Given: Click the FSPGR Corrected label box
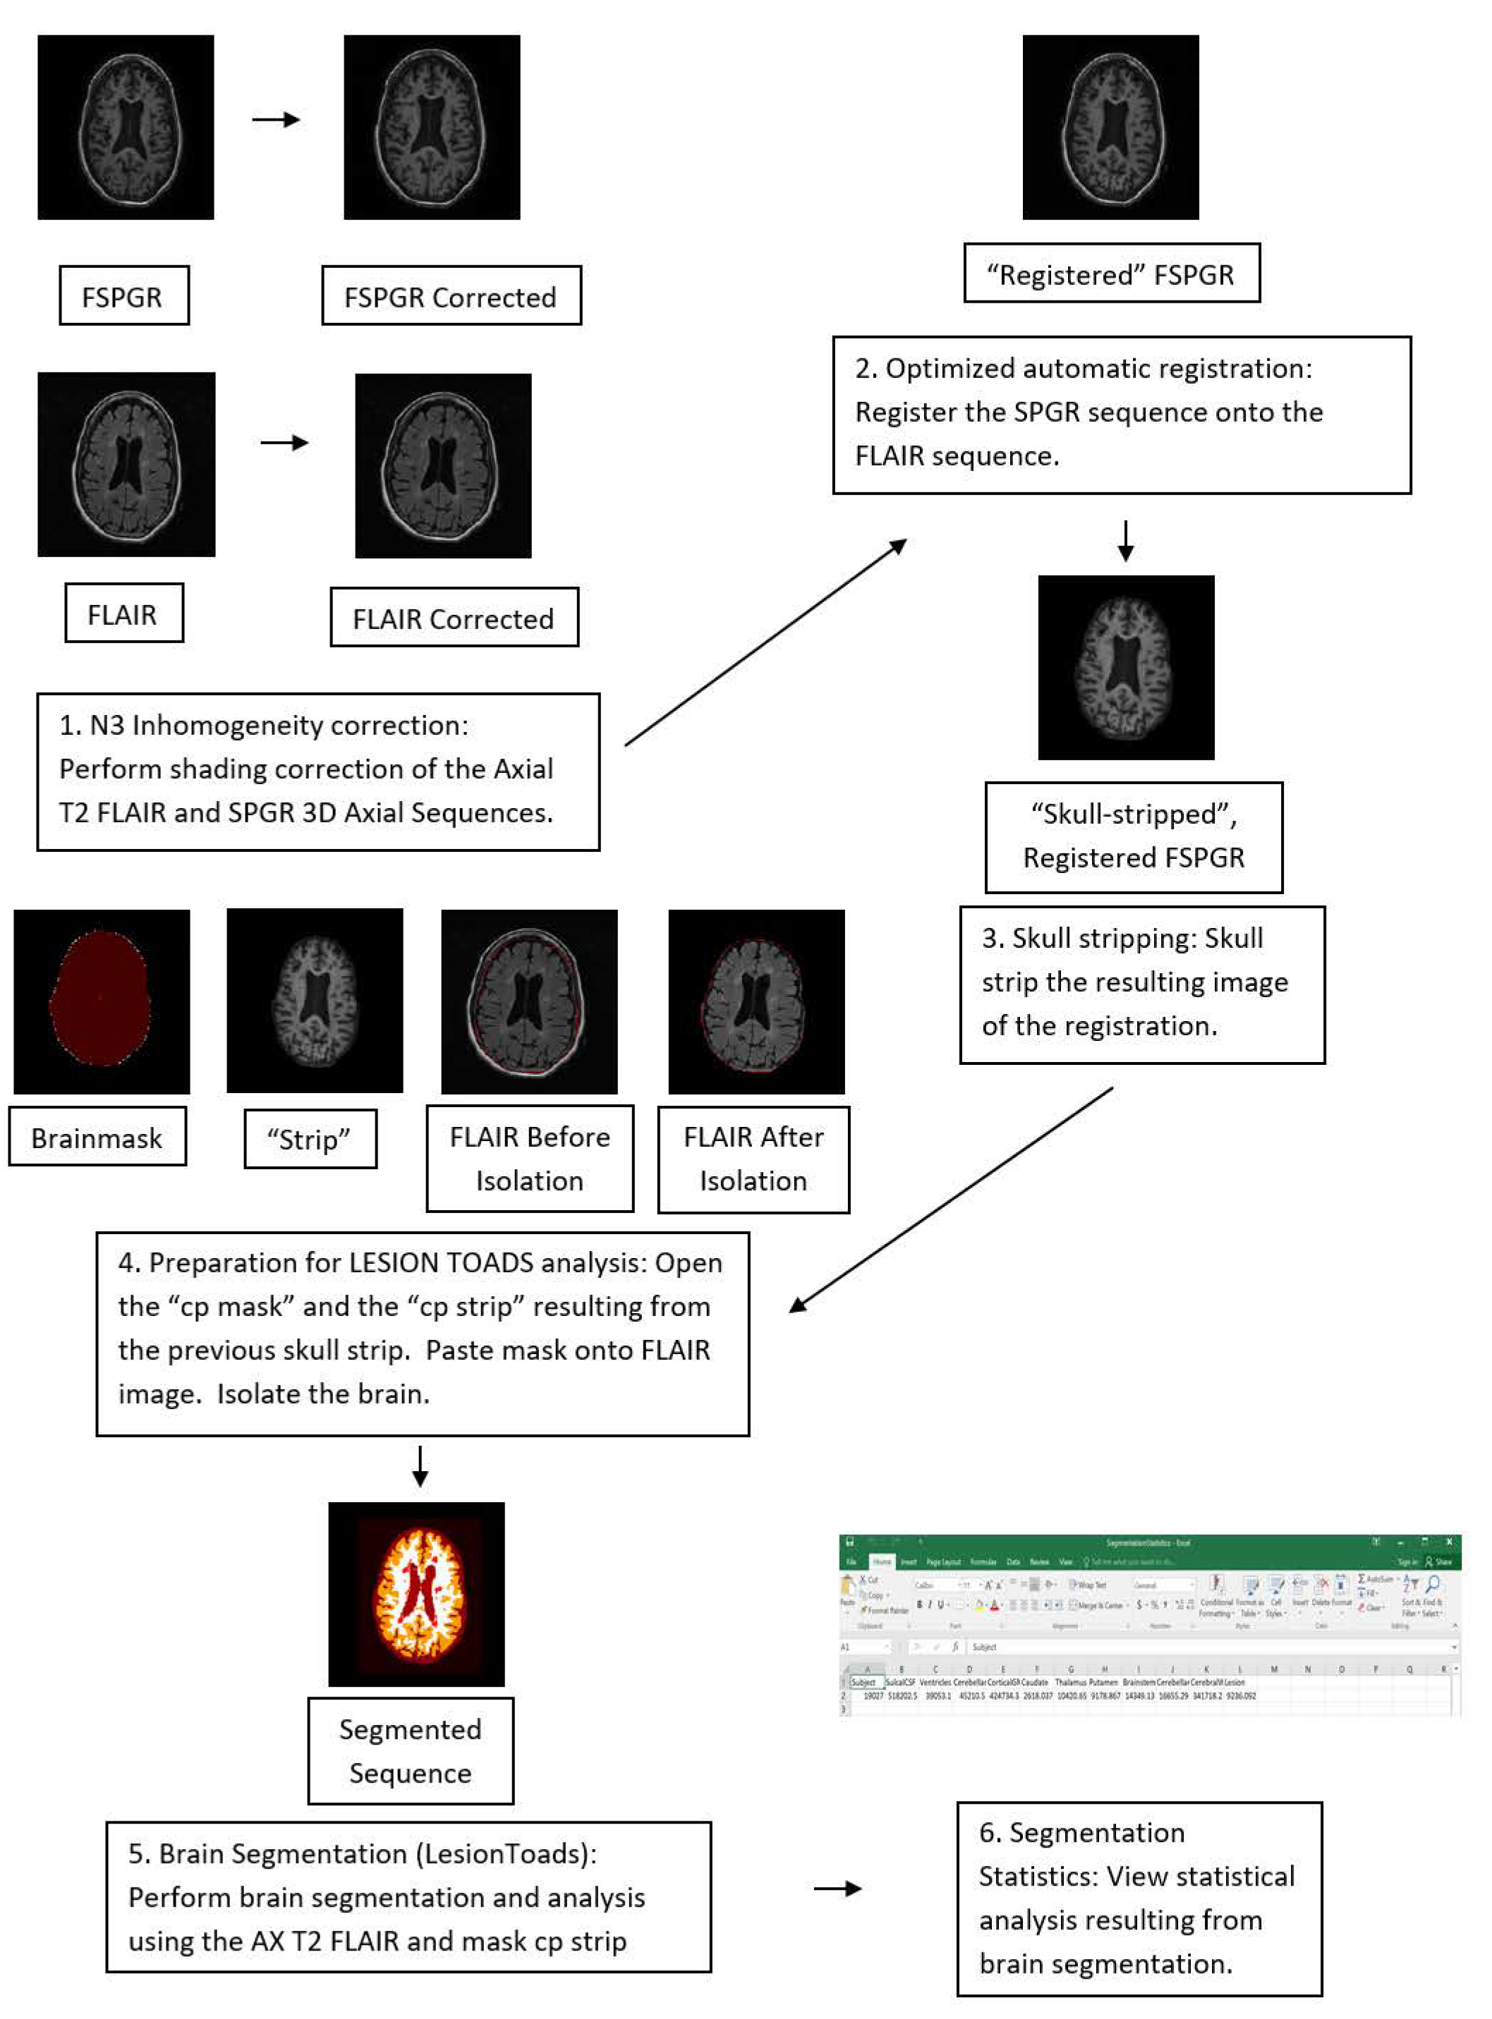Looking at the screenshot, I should point(451,296).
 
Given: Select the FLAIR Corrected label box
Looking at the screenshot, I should point(454,618).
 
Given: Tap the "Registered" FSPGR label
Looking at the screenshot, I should point(1111,274).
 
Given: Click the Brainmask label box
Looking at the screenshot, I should point(97,1137).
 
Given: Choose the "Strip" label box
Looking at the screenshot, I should point(310,1140).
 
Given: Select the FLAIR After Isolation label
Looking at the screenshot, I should point(753,1159).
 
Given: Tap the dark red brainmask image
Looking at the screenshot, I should point(101,1001).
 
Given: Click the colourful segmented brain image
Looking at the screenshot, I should point(416,1594).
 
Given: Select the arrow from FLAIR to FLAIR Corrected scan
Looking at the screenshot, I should point(284,442).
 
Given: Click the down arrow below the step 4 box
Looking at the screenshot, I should point(420,1468).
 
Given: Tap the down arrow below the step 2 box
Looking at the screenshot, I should point(1125,540).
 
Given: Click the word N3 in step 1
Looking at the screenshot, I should point(106,725).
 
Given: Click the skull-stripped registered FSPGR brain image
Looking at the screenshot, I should point(1125,667).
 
